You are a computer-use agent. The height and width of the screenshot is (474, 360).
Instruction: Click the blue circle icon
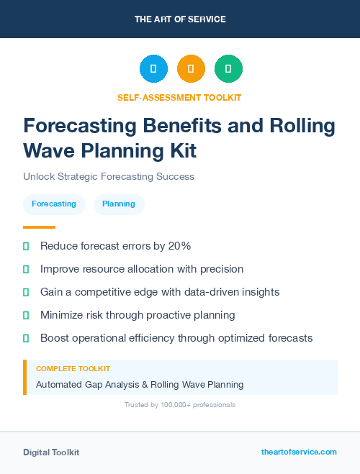(x=153, y=69)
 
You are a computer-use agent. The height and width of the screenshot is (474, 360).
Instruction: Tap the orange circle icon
(x=191, y=69)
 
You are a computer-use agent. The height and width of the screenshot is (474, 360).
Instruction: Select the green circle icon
(x=228, y=69)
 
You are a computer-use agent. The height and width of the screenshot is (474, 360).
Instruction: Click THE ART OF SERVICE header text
(x=180, y=19)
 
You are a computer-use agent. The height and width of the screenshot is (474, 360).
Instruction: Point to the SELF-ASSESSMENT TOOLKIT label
(x=179, y=97)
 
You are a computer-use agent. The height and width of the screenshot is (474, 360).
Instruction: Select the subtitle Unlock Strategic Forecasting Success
(x=109, y=176)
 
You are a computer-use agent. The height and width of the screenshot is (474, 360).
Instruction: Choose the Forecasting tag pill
(x=54, y=204)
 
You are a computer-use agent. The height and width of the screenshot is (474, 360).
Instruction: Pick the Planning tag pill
(x=119, y=204)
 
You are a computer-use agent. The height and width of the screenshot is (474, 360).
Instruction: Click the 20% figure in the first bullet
(x=179, y=246)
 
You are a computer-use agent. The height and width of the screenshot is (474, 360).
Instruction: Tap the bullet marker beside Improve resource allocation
(x=27, y=269)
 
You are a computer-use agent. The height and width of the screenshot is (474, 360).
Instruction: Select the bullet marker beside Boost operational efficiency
(x=27, y=338)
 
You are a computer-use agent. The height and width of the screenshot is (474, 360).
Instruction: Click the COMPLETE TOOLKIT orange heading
(x=73, y=369)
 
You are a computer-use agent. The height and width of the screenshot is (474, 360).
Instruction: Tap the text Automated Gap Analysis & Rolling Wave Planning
(x=140, y=385)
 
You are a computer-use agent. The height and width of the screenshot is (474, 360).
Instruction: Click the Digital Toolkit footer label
(x=51, y=452)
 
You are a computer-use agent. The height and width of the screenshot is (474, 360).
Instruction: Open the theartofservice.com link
(x=299, y=452)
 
